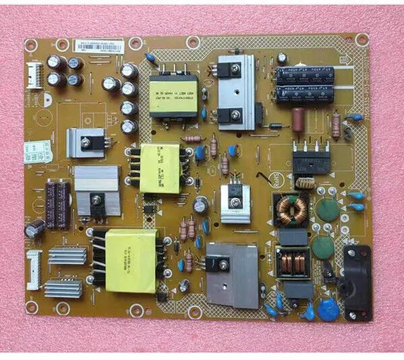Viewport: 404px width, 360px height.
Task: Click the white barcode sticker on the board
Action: point(99,45)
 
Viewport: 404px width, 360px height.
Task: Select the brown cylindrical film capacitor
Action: point(298,120)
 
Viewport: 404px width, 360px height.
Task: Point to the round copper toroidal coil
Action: point(290,208)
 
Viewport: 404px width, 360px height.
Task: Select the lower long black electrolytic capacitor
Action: point(304,95)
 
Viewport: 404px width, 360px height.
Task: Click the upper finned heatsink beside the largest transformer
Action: point(68,255)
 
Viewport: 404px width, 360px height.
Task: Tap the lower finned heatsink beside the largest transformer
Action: point(63,288)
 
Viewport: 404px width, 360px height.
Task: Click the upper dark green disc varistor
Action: point(327,210)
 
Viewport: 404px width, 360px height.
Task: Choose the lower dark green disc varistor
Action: point(323,246)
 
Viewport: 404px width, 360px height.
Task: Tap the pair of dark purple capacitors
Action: point(57,196)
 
